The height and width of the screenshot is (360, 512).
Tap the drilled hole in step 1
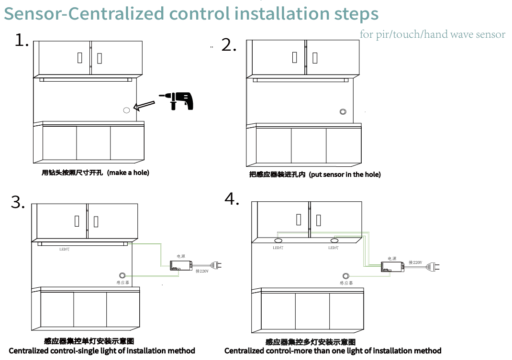click(126, 110)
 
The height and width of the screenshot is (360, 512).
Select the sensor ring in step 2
click(343, 112)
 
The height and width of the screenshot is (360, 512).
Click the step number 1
click(22, 40)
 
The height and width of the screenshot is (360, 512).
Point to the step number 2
click(229, 45)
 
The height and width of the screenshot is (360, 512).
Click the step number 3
click(18, 202)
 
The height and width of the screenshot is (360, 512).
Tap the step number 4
click(232, 199)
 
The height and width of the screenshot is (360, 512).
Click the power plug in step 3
click(216, 265)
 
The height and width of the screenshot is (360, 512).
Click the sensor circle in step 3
click(122, 275)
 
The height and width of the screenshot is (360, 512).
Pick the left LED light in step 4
click(278, 240)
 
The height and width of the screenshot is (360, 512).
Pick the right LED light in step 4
click(334, 240)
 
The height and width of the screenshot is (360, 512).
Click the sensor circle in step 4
click(346, 275)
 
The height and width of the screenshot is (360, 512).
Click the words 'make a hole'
click(128, 173)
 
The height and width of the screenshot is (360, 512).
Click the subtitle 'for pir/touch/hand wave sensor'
click(432, 34)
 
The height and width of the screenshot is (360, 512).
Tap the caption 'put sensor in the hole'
click(345, 175)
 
